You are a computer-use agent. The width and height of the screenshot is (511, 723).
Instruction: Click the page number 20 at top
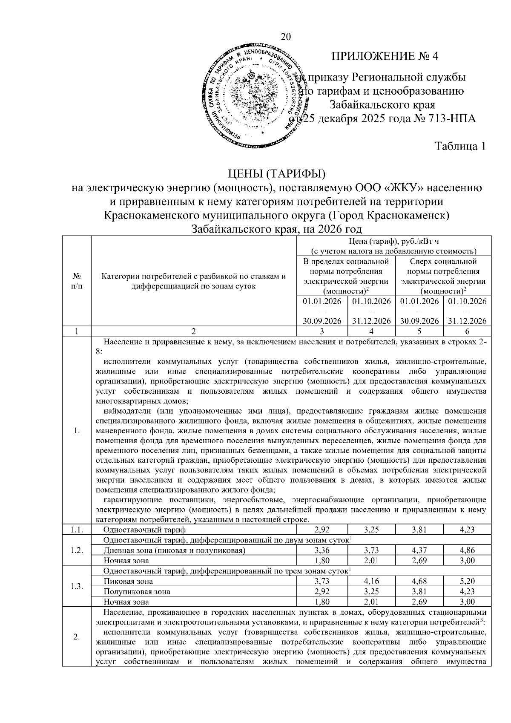tap(286, 37)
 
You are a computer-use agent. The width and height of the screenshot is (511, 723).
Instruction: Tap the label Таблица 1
tap(460, 146)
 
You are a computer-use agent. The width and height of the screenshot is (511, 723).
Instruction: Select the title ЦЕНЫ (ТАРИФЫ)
tap(277, 174)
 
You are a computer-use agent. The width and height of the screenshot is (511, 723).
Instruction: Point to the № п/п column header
tap(77, 282)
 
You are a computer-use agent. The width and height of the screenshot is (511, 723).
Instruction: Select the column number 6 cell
tap(467, 331)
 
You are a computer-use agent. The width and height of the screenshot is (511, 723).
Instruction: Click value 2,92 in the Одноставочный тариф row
tap(322, 530)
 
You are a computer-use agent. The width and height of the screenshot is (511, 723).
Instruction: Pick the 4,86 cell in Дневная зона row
tap(467, 550)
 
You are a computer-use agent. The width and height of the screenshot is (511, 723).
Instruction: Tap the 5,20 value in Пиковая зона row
tap(467, 581)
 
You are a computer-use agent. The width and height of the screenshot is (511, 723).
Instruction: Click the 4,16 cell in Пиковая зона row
tap(371, 581)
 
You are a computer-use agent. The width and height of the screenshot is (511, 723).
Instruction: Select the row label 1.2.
tap(77, 550)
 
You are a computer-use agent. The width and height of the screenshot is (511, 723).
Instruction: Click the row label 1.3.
tap(77, 586)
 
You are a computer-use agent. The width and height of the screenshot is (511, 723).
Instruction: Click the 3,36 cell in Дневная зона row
tap(322, 550)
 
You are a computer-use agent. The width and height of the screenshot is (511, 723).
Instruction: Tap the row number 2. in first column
tap(77, 637)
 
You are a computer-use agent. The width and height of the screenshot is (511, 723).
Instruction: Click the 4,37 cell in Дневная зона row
tap(419, 550)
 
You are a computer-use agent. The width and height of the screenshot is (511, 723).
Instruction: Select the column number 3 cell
tap(322, 331)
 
